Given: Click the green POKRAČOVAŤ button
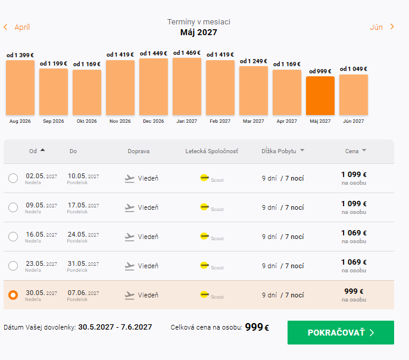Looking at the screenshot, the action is (341, 333).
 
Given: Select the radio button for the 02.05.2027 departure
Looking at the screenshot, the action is (13, 178).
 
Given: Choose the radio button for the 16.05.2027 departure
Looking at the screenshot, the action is (13, 237).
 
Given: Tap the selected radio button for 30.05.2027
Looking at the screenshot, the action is (13, 295).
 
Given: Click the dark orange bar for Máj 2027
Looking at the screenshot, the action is (320, 95).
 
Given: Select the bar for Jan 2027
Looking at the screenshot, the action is (187, 86).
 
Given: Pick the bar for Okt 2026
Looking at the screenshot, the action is (87, 92).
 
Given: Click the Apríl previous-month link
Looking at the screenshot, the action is (17, 27).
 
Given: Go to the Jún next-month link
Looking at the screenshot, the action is (382, 27).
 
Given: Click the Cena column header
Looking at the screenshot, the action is (355, 151).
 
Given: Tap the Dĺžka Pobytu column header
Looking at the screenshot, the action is (283, 151).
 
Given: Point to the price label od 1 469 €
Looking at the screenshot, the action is (187, 53).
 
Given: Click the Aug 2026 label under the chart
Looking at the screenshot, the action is (20, 121).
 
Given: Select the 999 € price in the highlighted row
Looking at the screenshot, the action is (354, 291).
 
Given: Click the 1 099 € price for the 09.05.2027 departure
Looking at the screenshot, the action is (354, 204).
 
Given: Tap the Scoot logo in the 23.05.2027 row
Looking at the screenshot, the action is (204, 265).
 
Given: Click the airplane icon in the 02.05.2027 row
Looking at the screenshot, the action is (129, 179).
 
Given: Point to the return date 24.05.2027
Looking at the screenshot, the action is (83, 235).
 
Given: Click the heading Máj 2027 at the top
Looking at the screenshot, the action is (198, 32).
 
